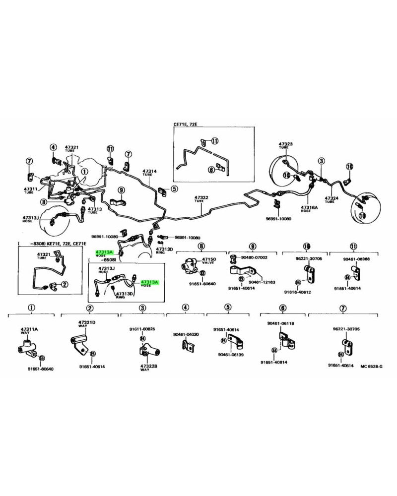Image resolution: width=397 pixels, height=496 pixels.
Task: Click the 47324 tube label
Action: pyautogui.click(x=331, y=198)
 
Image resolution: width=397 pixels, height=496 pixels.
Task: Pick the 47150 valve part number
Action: pyautogui.click(x=208, y=259)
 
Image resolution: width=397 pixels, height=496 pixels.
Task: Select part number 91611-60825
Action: pyautogui.click(x=142, y=329)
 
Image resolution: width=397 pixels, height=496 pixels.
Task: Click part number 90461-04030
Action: pyautogui.click(x=186, y=334)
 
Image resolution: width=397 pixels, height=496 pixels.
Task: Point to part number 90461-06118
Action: pyautogui.click(x=280, y=323)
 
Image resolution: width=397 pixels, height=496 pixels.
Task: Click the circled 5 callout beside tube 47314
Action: pyautogui.click(x=174, y=188)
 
